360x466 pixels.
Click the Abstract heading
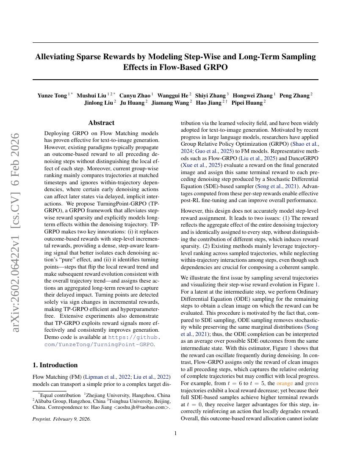point(101,123)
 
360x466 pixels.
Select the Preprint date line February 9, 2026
point(61,419)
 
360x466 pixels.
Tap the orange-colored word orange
point(285,384)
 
